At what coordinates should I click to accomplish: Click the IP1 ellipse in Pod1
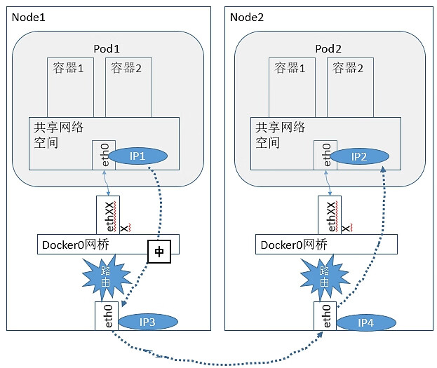click(x=138, y=156)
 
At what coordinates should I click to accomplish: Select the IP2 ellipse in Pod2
click(x=359, y=156)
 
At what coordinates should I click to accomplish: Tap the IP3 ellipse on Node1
click(x=147, y=322)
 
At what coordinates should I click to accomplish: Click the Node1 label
click(x=28, y=16)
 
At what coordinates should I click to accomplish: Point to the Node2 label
click(x=248, y=16)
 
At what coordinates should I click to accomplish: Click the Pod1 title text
click(x=107, y=48)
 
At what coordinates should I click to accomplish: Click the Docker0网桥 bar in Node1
click(x=91, y=244)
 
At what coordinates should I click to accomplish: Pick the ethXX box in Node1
click(x=107, y=214)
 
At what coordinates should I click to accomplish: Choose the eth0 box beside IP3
click(x=106, y=315)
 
